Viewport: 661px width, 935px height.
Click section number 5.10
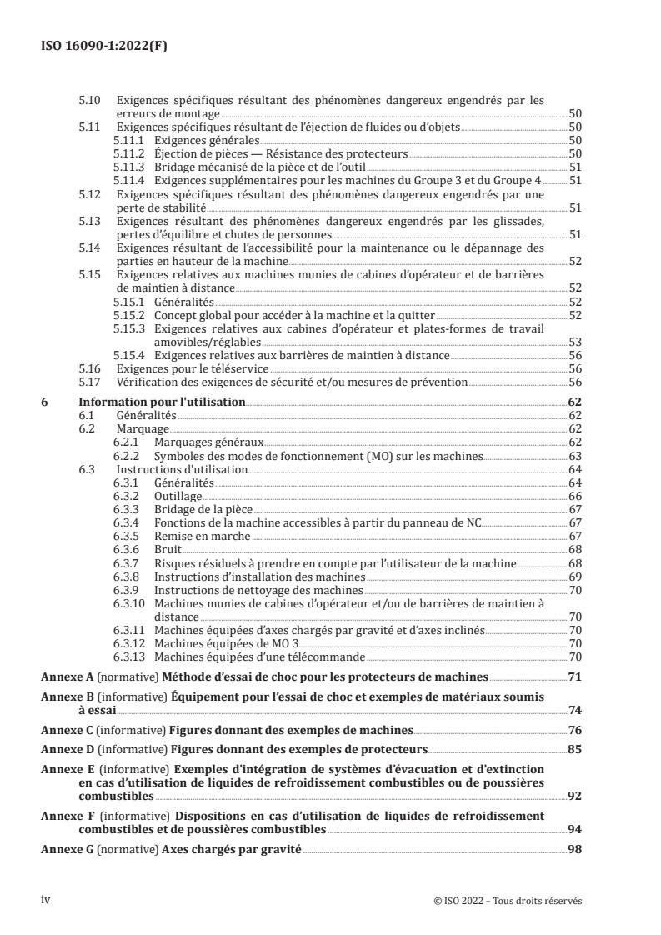89,100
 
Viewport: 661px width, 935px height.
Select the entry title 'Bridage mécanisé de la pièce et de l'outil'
245,167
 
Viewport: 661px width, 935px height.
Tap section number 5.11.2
128,154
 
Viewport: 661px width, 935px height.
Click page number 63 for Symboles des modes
574,457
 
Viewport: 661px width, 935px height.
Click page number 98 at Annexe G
574,850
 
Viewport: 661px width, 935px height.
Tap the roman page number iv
46,901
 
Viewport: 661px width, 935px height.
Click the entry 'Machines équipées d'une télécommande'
250,657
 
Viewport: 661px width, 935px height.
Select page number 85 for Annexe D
574,749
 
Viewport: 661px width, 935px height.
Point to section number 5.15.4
129,354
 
